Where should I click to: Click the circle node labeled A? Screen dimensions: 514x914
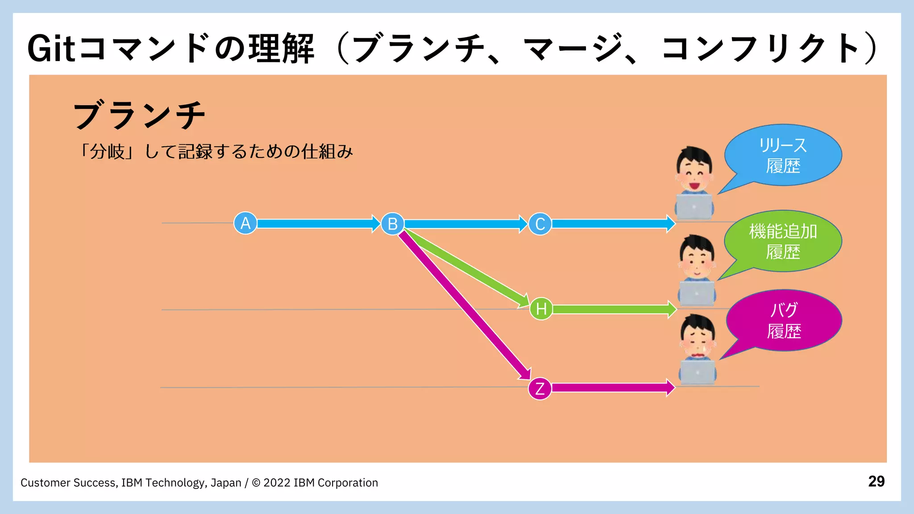click(245, 223)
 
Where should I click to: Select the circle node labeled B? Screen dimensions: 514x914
click(392, 224)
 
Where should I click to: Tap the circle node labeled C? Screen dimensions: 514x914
click(540, 224)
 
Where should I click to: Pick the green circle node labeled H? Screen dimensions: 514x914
click(541, 309)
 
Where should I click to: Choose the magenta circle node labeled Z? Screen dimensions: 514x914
click(540, 388)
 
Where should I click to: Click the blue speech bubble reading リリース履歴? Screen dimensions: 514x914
click(783, 155)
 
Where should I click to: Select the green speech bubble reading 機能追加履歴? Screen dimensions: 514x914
click(783, 241)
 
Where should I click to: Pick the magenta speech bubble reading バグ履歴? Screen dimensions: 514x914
click(784, 320)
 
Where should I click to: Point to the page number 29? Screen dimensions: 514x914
click(876, 481)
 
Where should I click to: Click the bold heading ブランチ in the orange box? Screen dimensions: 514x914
click(139, 115)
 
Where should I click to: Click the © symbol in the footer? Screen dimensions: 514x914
click(256, 483)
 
